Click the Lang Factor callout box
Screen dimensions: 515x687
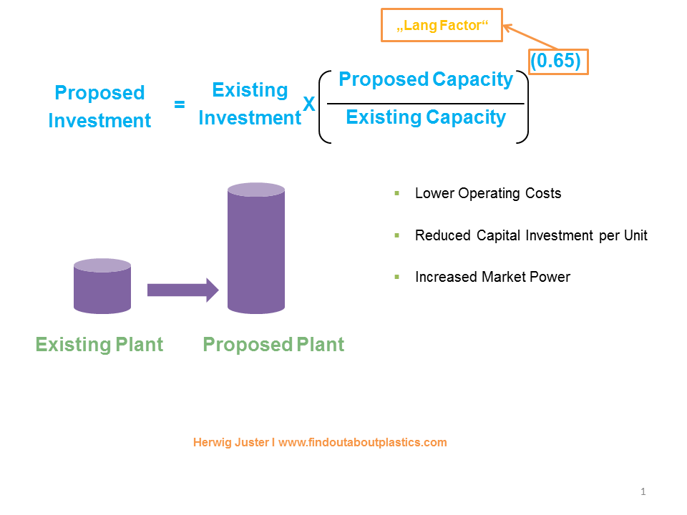442,26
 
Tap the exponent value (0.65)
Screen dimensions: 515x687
558,62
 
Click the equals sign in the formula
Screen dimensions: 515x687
180,104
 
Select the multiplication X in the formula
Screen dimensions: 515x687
308,104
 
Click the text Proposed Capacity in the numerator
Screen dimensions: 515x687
426,79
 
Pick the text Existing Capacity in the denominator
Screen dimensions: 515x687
426,117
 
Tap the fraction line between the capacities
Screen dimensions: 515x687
426,104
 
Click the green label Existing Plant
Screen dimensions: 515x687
99,345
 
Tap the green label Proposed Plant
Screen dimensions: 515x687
273,345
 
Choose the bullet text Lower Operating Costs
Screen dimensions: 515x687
488,193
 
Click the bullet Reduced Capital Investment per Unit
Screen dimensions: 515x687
531,235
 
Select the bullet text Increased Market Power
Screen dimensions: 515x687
492,277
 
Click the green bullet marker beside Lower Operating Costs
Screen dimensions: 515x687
396,193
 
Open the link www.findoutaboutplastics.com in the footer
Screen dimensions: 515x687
363,442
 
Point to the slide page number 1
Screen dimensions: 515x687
643,491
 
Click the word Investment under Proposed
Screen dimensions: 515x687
99,121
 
